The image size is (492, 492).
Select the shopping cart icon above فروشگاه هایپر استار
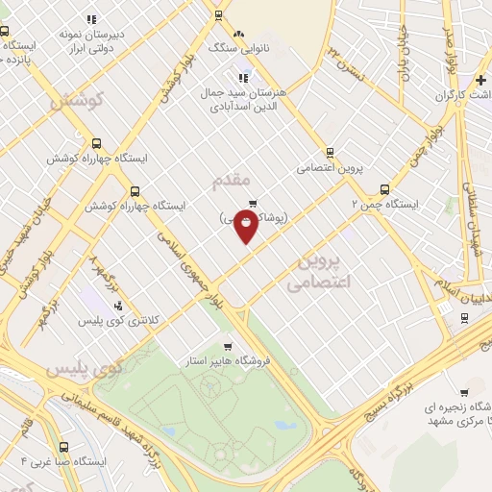(227, 346)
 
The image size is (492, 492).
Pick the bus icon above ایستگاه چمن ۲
(384, 189)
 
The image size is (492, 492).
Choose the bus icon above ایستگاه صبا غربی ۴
(64, 447)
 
